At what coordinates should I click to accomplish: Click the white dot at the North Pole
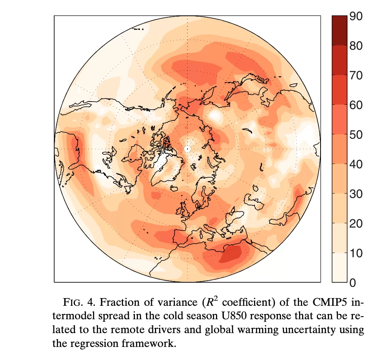click(x=188, y=148)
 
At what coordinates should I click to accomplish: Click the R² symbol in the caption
click(x=208, y=301)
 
